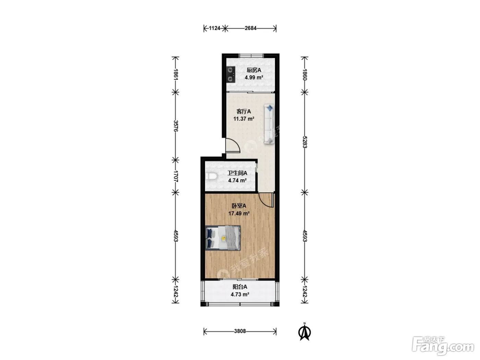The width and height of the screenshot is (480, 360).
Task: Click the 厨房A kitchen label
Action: click(254, 70)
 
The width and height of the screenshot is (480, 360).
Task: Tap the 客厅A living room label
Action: click(244, 111)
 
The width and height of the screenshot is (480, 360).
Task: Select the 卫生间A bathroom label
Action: click(237, 173)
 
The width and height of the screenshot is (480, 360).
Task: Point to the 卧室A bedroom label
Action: click(239, 206)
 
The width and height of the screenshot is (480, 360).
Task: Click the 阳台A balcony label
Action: click(240, 287)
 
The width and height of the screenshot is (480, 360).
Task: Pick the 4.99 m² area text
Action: click(254, 77)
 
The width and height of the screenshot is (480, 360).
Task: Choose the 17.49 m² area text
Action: click(239, 213)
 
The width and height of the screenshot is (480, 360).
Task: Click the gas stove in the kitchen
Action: click(231, 74)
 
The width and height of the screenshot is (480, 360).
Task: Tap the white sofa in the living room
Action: click(269, 124)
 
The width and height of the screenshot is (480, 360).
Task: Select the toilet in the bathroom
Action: click(211, 176)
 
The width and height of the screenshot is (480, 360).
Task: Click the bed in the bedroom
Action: click(223, 238)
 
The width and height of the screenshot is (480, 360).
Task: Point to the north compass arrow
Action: click(304, 333)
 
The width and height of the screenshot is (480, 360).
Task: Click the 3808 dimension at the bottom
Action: click(240, 331)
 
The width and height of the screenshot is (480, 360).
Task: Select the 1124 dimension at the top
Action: click(215, 28)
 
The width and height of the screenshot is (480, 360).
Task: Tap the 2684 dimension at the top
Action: click(251, 28)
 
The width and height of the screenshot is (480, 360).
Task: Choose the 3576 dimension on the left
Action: click(176, 126)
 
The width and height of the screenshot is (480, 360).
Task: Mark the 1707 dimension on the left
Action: click(176, 177)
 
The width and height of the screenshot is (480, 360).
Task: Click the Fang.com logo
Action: click(443, 346)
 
